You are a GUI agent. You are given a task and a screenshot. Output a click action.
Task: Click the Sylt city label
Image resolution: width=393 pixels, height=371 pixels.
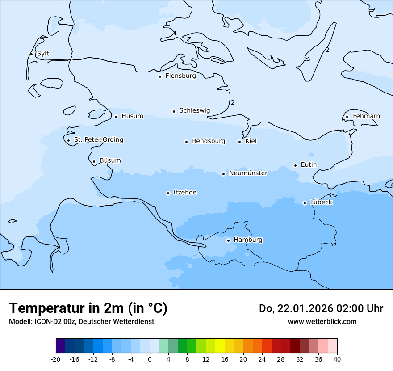point(43,54)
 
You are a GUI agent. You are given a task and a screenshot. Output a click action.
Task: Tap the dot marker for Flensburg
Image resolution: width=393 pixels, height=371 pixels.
point(160,76)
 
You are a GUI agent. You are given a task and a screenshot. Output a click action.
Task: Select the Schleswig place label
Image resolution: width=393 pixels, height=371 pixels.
point(194,110)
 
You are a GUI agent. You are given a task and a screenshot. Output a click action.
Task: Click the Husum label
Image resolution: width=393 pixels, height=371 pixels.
point(132,116)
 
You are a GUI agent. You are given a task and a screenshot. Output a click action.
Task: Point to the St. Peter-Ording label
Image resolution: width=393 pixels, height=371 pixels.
point(98,140)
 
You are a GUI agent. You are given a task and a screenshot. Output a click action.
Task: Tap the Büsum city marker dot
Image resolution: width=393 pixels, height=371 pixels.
point(94,161)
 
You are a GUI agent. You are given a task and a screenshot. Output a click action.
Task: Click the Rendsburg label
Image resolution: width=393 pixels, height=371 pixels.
point(209,141)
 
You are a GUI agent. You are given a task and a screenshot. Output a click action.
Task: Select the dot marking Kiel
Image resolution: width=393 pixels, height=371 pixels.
point(239,142)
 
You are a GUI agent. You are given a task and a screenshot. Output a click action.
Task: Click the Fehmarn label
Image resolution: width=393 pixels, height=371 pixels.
point(366,116)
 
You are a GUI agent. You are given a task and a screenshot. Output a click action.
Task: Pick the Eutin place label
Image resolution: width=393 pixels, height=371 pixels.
point(309,164)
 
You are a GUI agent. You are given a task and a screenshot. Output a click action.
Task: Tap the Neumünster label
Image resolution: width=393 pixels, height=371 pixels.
point(248,173)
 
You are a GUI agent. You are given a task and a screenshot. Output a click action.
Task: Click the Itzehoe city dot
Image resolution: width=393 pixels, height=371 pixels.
point(168,193)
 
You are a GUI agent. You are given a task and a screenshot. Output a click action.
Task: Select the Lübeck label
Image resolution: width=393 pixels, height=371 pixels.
point(321,202)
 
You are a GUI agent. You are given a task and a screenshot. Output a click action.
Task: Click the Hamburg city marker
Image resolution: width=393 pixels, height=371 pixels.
point(228,240)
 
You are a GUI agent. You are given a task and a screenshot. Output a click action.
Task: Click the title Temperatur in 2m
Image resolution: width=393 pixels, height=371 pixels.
point(88,308)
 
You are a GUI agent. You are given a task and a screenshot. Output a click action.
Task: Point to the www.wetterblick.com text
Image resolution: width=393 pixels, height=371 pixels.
point(322,321)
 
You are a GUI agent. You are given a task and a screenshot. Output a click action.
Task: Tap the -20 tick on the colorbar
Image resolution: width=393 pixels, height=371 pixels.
point(56,359)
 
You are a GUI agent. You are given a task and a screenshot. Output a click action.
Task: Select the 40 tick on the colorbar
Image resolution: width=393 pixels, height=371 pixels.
point(337,359)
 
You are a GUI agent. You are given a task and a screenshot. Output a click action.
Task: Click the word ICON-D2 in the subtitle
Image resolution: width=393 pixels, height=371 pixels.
point(46,321)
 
